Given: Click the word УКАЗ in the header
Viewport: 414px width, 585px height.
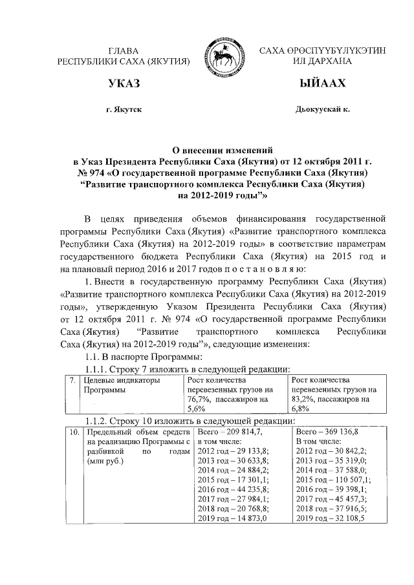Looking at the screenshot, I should point(124,84).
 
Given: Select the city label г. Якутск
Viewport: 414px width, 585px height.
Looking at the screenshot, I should point(124,110).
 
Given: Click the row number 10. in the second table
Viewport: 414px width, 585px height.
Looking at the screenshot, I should point(74,431).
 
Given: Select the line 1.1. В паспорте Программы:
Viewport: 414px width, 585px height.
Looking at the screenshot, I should point(140,357).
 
